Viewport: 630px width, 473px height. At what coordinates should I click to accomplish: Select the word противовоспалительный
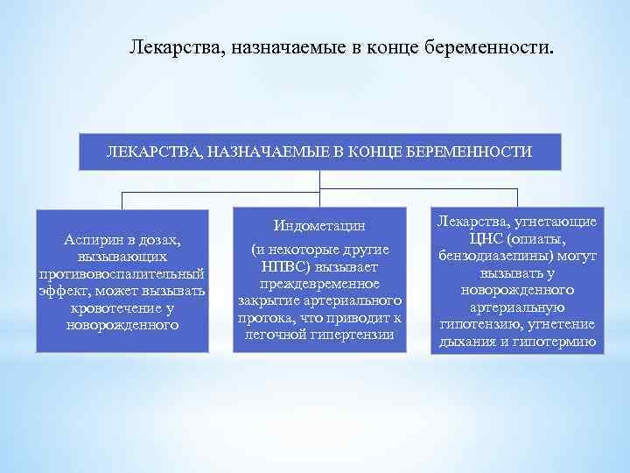click(122, 274)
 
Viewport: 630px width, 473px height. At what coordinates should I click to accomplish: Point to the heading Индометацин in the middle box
click(318, 225)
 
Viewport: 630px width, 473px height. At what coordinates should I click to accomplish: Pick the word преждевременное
click(319, 285)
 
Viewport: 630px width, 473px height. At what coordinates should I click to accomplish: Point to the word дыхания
click(470, 342)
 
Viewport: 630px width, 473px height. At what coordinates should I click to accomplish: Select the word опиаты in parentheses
click(538, 239)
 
